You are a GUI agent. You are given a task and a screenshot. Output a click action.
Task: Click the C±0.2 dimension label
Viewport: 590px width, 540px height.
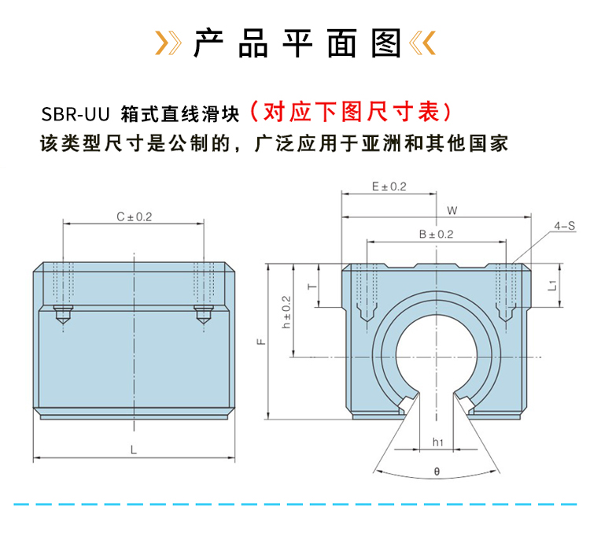point(134,216)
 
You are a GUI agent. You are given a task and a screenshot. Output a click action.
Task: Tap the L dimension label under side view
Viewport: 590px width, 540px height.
point(134,449)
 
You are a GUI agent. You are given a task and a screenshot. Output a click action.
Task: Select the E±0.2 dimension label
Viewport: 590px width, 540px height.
point(388,187)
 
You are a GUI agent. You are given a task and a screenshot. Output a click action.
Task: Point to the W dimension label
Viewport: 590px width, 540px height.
point(451,210)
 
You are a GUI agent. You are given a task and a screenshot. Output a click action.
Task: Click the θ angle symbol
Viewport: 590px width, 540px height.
point(436,472)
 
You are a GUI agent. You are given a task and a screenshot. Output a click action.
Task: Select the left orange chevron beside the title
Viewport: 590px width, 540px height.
point(166,43)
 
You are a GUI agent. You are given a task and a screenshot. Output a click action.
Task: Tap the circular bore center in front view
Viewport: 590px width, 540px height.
point(436,359)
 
